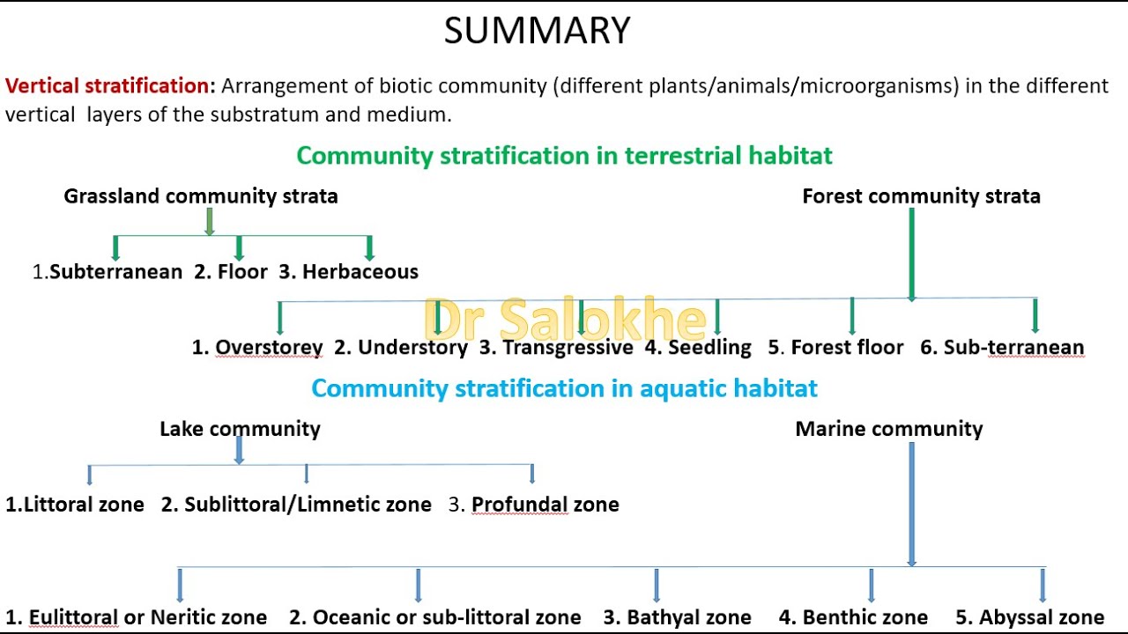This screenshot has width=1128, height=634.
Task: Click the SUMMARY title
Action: click(x=537, y=31)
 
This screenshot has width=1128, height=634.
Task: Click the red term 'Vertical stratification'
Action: click(x=107, y=86)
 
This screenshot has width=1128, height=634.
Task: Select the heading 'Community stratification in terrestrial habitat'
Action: click(x=564, y=156)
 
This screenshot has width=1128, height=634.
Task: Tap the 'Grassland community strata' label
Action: click(x=201, y=196)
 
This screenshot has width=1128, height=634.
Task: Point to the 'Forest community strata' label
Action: click(x=921, y=196)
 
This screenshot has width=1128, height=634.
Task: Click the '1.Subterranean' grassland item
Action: click(x=108, y=272)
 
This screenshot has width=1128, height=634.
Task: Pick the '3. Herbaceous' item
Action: click(x=348, y=272)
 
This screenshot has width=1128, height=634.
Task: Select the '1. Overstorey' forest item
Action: click(x=257, y=348)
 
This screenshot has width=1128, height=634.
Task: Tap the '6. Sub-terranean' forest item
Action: click(x=1002, y=348)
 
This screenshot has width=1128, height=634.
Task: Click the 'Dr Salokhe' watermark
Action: click(x=565, y=320)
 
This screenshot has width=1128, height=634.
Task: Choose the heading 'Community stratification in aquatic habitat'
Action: click(x=564, y=388)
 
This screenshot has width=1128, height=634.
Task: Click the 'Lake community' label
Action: click(x=240, y=429)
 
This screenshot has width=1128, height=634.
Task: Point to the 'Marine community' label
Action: click(x=888, y=429)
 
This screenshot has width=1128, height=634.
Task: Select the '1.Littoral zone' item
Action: click(x=75, y=505)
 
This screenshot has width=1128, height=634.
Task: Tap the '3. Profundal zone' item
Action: click(x=534, y=505)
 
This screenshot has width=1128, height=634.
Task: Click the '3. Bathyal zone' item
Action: click(x=677, y=618)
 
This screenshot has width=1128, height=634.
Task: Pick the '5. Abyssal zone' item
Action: click(x=1029, y=618)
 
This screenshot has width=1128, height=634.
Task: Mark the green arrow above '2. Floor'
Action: click(x=239, y=247)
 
